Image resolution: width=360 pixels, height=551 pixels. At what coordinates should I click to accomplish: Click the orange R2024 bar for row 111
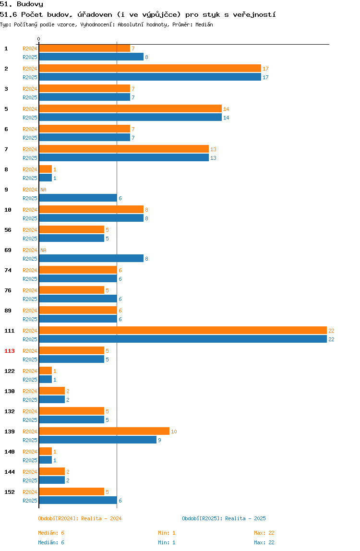(183, 330)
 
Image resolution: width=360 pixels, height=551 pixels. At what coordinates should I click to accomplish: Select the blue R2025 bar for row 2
(150, 77)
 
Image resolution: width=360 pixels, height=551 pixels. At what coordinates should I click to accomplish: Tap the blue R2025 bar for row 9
(78, 198)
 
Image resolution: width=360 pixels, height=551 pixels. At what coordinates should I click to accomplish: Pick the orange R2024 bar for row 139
(105, 431)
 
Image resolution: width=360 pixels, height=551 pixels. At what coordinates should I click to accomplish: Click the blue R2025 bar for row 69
(91, 259)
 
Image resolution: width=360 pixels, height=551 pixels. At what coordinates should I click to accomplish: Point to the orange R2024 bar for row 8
(46, 169)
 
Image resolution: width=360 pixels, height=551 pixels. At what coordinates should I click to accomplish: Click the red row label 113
(10, 351)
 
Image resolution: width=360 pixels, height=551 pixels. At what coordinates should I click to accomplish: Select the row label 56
(8, 230)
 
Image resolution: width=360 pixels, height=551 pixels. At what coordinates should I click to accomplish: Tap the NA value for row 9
(43, 190)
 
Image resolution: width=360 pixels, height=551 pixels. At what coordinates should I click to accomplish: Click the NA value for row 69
(43, 250)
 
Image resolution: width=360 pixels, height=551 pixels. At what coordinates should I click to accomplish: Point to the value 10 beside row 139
(174, 431)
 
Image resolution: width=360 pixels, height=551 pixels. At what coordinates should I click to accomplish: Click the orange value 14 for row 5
(226, 109)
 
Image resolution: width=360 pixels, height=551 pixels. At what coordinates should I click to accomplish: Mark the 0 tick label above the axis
(39, 39)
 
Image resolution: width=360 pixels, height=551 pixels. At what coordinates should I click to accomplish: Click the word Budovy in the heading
(30, 4)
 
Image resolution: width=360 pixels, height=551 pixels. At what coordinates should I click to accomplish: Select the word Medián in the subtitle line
(204, 24)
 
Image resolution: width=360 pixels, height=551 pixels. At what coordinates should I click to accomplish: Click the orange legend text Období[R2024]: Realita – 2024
(80, 518)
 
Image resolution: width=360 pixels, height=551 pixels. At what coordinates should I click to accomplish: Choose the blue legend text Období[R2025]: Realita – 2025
(224, 518)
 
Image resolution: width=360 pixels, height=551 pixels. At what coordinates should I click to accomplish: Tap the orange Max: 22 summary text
(264, 533)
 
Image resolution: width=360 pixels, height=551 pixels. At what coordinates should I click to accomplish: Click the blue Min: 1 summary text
(167, 542)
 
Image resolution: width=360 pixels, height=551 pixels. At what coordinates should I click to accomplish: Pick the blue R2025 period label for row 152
(30, 501)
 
